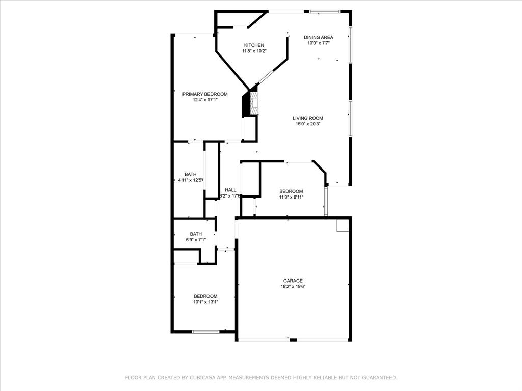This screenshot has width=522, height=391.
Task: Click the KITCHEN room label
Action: coord(254,45)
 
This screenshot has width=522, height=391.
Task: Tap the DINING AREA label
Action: coord(319,37)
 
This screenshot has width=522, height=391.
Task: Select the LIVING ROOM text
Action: coord(308,118)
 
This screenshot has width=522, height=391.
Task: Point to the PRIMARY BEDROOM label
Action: coord(205,94)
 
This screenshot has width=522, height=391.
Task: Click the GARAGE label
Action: coord(293,281)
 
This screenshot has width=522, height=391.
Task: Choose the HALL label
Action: coord(230,190)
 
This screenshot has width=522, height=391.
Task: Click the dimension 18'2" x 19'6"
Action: coord(293,287)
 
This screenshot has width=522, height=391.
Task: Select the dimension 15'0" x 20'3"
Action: coord(308,124)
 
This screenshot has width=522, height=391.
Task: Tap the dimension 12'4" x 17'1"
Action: coord(205,100)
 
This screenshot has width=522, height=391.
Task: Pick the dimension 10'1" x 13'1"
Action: coord(205,302)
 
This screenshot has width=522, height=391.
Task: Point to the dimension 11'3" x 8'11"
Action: coord(291,197)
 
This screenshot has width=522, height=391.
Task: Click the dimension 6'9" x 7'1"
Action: coord(196,240)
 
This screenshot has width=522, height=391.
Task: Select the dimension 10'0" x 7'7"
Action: coord(319,43)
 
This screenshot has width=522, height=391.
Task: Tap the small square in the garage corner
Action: coord(343,226)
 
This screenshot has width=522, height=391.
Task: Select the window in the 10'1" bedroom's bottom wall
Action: coord(205,332)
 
